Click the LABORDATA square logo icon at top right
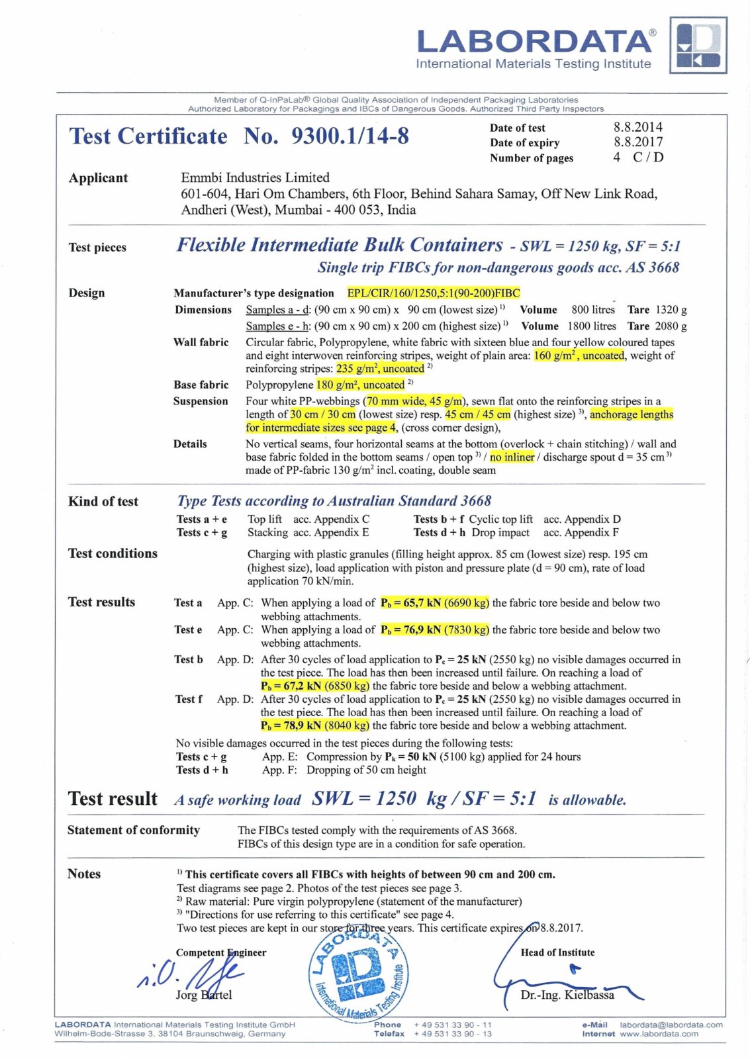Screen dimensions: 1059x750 point(698,45)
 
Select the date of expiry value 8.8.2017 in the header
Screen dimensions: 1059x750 point(637,142)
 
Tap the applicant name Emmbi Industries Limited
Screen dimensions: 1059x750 point(255,177)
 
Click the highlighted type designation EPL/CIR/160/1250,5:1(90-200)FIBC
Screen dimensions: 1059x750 point(434,293)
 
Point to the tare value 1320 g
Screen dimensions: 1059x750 point(671,310)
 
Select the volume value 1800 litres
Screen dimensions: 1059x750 point(591,326)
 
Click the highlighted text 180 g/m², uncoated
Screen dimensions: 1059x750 point(360,385)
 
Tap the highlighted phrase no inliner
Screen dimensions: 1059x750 point(512,457)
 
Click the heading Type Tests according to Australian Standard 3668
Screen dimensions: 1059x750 point(334,501)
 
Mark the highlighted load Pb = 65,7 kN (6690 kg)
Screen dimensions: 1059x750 point(434,603)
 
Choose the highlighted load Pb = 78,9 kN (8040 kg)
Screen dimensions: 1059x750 point(314,725)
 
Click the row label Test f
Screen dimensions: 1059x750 point(188,699)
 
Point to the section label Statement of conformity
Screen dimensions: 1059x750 point(133,830)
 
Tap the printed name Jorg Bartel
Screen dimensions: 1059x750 point(203,995)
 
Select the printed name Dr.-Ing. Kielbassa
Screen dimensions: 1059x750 point(567,995)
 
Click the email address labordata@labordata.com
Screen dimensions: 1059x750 point(671,1025)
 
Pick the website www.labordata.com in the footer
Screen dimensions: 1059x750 point(659,1034)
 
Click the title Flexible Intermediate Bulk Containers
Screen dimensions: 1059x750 point(340,246)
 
